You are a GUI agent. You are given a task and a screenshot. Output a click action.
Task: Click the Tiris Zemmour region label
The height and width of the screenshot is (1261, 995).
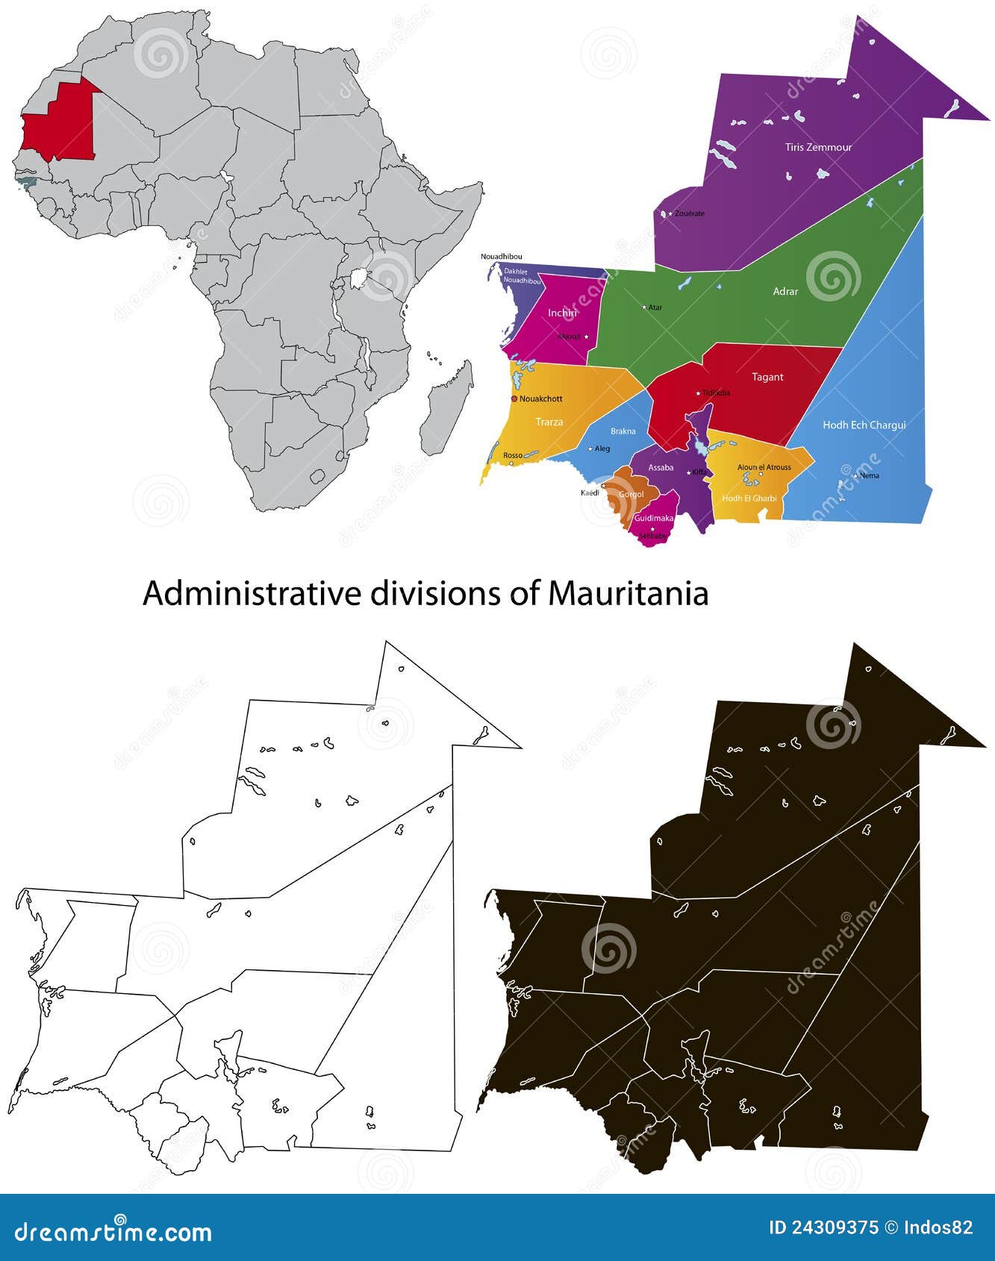point(818,147)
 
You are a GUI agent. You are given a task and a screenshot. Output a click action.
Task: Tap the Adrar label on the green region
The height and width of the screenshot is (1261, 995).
point(785,291)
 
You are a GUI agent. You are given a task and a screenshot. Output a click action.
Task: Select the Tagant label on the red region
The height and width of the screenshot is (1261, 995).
point(767,377)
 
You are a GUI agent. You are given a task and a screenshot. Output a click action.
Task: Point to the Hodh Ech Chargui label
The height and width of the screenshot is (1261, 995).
point(864,425)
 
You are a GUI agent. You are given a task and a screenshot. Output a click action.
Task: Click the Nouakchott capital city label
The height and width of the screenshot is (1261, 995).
point(541,398)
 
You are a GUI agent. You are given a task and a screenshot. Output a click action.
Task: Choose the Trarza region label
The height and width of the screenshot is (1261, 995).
point(549,422)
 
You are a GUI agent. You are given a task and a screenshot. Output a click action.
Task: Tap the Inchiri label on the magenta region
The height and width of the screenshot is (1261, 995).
point(562,313)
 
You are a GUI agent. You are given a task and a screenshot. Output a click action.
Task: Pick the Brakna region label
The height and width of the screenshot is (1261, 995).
point(623,431)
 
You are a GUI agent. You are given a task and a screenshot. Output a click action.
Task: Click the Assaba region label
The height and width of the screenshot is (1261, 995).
point(661,468)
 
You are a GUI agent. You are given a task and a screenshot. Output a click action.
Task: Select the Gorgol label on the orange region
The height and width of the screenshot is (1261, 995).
point(631,494)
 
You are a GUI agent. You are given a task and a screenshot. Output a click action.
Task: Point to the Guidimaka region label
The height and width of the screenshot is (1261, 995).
point(654,518)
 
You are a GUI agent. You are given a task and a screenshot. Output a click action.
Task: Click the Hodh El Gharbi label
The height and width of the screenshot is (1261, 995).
point(749,498)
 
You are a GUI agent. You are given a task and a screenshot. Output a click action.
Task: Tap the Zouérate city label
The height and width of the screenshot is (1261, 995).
point(689,213)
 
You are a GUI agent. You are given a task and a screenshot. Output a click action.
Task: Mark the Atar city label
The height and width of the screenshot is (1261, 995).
point(655,307)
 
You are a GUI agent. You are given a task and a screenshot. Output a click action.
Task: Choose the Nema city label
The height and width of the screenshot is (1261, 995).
point(870,475)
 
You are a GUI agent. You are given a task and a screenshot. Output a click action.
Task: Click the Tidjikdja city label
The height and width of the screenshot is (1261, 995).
point(716,392)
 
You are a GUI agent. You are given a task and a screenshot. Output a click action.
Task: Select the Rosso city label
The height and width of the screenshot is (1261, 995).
point(513,455)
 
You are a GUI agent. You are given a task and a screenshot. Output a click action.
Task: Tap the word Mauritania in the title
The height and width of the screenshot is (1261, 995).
point(628,594)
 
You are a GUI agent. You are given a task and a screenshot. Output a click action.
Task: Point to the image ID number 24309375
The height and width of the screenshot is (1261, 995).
point(835,1227)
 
